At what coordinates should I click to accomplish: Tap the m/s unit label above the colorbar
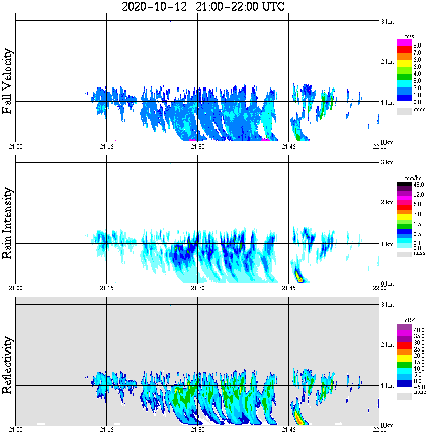click(410, 37)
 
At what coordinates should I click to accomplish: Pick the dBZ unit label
click(410, 320)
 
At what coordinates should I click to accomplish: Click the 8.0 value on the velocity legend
click(417, 45)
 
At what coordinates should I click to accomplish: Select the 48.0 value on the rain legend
click(418, 185)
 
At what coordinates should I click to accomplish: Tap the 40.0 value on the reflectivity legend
click(418, 329)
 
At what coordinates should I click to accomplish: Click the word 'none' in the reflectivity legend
click(419, 392)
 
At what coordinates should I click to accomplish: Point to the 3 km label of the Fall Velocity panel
click(386, 21)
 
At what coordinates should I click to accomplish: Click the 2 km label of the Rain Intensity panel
click(386, 203)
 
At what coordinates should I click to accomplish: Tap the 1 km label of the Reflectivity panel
click(386, 385)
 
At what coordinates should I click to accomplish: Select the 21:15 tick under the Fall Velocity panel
click(106, 147)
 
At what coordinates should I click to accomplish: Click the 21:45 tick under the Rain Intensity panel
click(288, 288)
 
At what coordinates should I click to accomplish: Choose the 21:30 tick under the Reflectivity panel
click(197, 430)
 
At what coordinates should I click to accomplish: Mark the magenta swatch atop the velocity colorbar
click(404, 42)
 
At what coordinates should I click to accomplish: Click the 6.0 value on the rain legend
click(417, 204)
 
